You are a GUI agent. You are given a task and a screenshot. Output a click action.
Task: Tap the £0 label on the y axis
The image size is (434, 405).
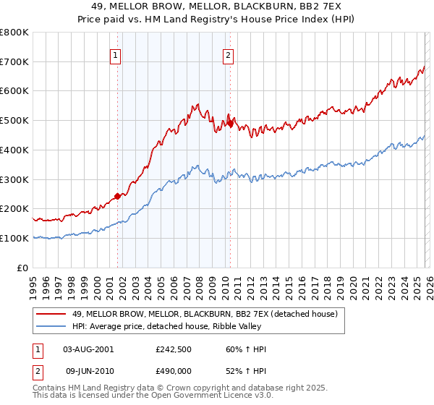pos(23,268)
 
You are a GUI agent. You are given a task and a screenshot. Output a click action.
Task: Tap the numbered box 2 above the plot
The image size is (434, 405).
pos(229,54)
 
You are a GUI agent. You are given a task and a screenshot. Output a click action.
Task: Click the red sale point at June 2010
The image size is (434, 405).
pos(230,124)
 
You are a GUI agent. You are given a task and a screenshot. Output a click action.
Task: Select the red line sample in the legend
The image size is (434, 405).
pos(51,313)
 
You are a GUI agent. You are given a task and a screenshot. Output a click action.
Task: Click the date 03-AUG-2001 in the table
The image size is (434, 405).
pos(88,349)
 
